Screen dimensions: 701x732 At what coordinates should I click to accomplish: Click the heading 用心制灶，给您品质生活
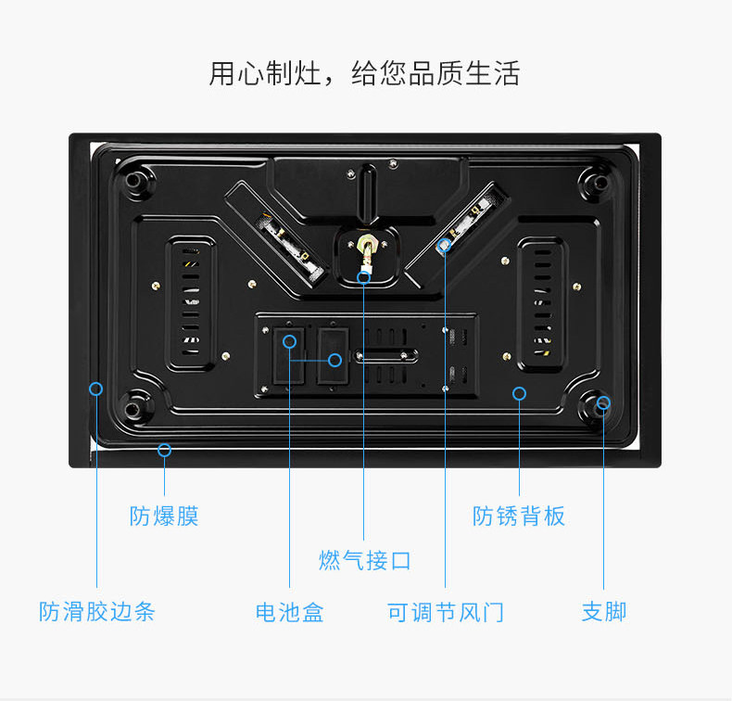364,73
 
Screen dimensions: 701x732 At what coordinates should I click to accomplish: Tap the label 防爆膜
164,516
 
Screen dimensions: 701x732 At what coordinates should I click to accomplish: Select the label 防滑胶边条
97,612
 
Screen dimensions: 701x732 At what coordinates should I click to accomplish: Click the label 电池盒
290,612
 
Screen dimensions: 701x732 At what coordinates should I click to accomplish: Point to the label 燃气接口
364,560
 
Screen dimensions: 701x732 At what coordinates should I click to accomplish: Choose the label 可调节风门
446,612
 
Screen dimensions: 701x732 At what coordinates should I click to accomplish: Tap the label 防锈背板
519,516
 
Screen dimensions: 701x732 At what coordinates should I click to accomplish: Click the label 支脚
604,612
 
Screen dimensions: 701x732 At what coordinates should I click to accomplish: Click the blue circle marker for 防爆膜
164,451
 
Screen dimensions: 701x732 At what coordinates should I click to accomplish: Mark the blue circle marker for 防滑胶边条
95,389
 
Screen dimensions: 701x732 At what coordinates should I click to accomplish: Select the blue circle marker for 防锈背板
519,394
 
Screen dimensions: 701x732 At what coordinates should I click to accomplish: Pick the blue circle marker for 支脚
604,402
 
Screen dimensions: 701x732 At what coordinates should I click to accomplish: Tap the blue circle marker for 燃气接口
364,276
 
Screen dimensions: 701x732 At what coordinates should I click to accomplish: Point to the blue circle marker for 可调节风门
445,247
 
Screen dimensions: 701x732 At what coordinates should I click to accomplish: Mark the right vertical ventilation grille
540,302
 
